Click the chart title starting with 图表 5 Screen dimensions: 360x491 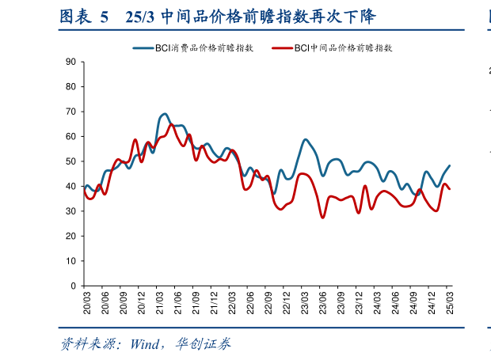(218, 17)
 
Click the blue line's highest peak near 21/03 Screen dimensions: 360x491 (164, 114)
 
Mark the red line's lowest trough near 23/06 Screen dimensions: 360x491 (322, 217)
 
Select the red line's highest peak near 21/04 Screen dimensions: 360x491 (171, 124)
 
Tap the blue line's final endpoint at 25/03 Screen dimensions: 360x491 (450, 166)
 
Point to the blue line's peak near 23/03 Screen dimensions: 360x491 (306, 139)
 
